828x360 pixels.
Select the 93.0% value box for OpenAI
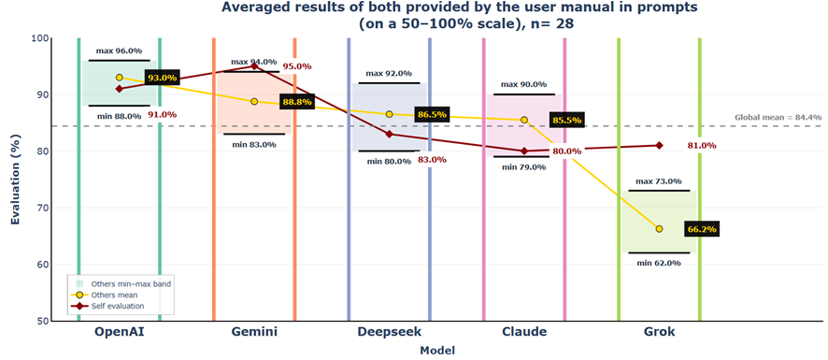tap(162, 79)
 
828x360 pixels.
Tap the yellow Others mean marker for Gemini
tap(254, 101)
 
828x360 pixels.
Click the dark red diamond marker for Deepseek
tap(389, 134)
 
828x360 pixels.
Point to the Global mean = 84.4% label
tap(778, 118)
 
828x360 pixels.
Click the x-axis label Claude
tap(524, 332)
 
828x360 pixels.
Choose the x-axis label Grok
tap(659, 332)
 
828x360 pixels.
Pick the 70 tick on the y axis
tap(42, 208)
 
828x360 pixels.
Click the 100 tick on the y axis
tap(39, 38)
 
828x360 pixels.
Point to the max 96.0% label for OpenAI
tap(119, 50)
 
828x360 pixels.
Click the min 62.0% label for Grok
tap(659, 263)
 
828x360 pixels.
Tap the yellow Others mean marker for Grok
tap(659, 229)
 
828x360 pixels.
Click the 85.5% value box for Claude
tap(566, 121)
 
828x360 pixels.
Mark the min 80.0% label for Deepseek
tap(389, 161)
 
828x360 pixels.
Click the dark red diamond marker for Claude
tap(524, 151)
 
